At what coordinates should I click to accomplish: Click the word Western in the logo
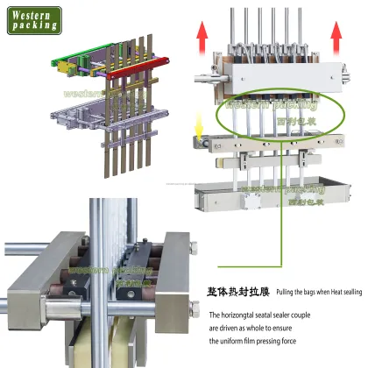tap(33, 13)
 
